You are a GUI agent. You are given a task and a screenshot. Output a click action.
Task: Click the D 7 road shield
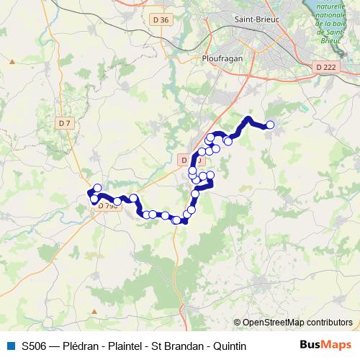pyautogui.click(x=66, y=123)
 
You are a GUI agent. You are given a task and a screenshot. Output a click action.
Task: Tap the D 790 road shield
pyautogui.click(x=107, y=206)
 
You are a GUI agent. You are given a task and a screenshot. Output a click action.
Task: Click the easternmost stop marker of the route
pyautogui.click(x=271, y=125)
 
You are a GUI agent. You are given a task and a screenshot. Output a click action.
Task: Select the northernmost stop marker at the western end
pyautogui.click(x=97, y=188)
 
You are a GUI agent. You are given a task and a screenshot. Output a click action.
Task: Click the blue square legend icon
pyautogui.click(x=9, y=346)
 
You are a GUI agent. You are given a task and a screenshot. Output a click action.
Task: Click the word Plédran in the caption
pyautogui.click(x=81, y=346)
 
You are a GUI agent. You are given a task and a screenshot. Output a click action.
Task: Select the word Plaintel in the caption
pyautogui.click(x=130, y=346)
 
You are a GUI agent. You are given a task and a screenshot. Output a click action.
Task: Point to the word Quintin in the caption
pyautogui.click(x=230, y=346)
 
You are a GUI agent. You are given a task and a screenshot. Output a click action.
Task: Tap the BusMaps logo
pyautogui.click(x=325, y=345)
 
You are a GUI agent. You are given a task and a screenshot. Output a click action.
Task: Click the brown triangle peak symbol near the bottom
pyautogui.click(x=94, y=312)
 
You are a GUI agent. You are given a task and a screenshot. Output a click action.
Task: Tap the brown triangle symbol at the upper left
pyautogui.click(x=12, y=62)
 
